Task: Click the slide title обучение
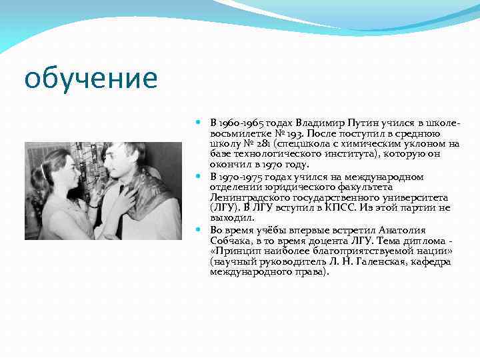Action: (91, 78)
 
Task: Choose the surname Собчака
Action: (232, 239)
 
